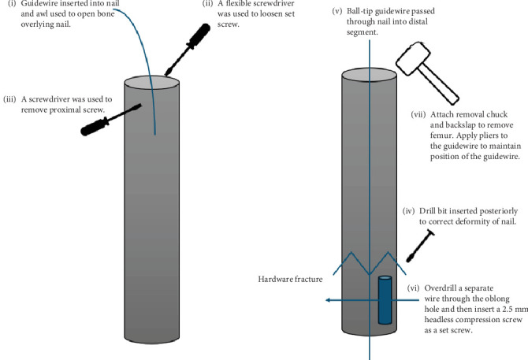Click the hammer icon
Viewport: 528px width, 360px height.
[x=426, y=72]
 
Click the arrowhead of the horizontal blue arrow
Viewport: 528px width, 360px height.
[x=326, y=300]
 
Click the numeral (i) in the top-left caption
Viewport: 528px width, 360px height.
[x=12, y=4]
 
